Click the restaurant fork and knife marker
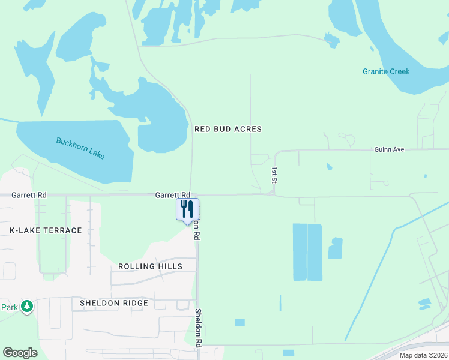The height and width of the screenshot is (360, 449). click(187, 209)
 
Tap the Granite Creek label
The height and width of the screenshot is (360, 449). click(386, 71)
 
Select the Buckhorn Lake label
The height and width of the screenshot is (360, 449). click(80, 148)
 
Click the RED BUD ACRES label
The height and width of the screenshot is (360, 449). click(228, 129)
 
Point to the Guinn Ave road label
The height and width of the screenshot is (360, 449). click(388, 149)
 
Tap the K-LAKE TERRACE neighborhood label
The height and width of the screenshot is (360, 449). click(46, 230)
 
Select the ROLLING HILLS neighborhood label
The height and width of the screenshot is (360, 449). click(150, 266)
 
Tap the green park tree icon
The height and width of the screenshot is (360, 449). click(26, 307)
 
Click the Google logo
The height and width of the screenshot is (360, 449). click(20, 353)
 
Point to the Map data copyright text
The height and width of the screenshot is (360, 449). click(423, 355)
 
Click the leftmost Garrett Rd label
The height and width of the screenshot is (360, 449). click(29, 195)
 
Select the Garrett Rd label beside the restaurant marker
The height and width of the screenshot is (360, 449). click(172, 195)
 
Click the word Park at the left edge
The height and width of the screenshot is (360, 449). click(8, 307)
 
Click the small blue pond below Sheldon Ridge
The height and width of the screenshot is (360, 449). click(240, 322)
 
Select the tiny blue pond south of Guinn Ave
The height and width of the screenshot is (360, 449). click(328, 166)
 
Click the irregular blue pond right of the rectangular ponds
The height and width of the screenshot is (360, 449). click(335, 248)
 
